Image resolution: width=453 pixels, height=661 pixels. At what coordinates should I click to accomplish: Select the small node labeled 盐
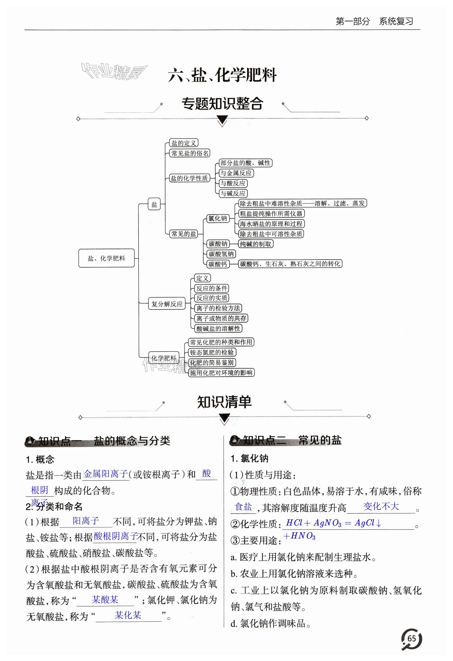(x=154, y=204)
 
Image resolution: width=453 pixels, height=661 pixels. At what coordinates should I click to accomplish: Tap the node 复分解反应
(x=167, y=304)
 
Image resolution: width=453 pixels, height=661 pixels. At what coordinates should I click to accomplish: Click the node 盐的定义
(x=184, y=143)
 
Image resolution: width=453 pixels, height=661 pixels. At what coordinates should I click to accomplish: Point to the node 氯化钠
(x=218, y=218)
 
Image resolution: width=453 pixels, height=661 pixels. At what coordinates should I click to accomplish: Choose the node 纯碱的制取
(x=255, y=244)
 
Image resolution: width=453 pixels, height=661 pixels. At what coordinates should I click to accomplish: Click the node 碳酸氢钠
(x=221, y=254)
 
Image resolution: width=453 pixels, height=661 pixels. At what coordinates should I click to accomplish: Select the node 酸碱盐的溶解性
(x=218, y=329)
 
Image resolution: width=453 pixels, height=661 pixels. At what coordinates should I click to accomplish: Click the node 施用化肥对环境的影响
(x=221, y=373)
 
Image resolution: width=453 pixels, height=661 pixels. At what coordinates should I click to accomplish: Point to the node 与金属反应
(x=236, y=173)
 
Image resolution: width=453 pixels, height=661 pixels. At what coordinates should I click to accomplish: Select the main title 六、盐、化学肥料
(x=222, y=75)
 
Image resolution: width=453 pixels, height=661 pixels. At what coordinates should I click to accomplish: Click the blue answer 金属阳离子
(x=106, y=474)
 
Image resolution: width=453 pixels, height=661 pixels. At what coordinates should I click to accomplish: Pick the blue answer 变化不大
(x=381, y=506)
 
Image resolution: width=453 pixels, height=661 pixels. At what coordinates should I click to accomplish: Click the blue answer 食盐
(x=243, y=507)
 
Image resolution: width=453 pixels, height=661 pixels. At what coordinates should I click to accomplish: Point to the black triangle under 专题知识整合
(x=222, y=119)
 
